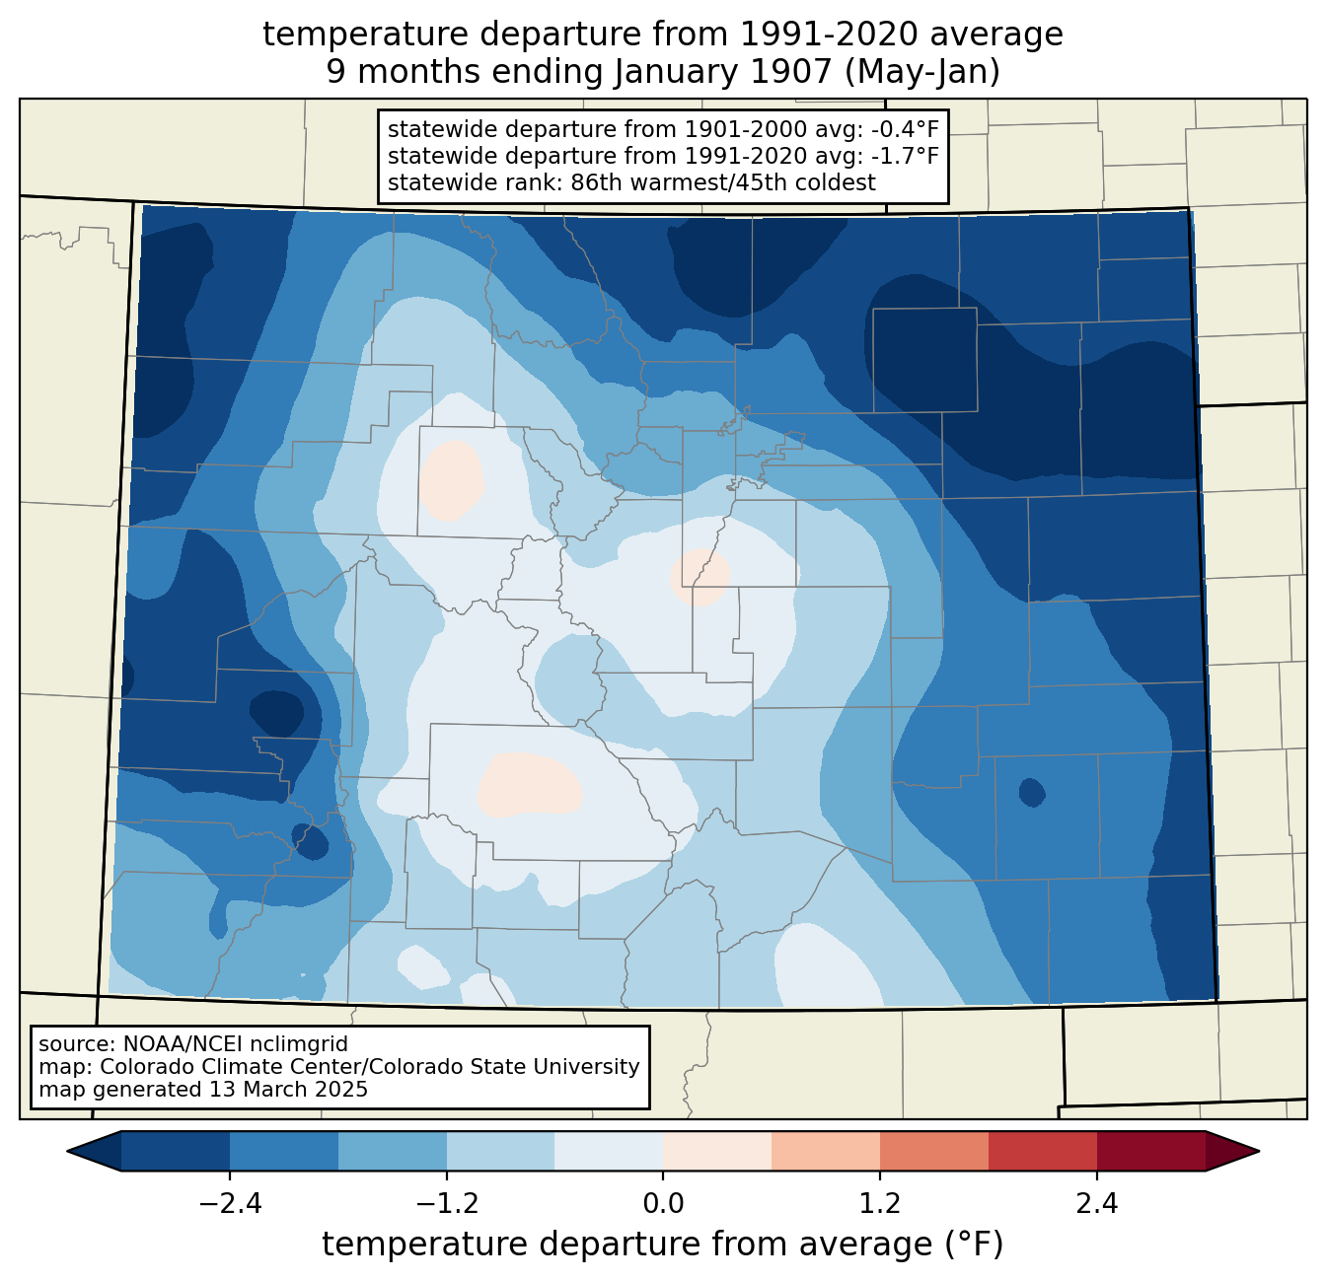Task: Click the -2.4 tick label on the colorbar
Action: pyautogui.click(x=230, y=1204)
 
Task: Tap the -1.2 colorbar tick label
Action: pyautogui.click(x=447, y=1204)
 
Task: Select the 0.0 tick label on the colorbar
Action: pyautogui.click(x=663, y=1204)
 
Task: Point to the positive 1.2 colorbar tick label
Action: pyautogui.click(x=880, y=1204)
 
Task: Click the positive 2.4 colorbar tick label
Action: pyautogui.click(x=1097, y=1204)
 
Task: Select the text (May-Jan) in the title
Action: pyautogui.click(x=921, y=72)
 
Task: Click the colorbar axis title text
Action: pyautogui.click(x=662, y=1244)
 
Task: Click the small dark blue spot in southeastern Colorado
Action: pyautogui.click(x=1032, y=793)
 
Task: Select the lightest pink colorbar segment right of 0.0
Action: pyautogui.click(x=717, y=1152)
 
